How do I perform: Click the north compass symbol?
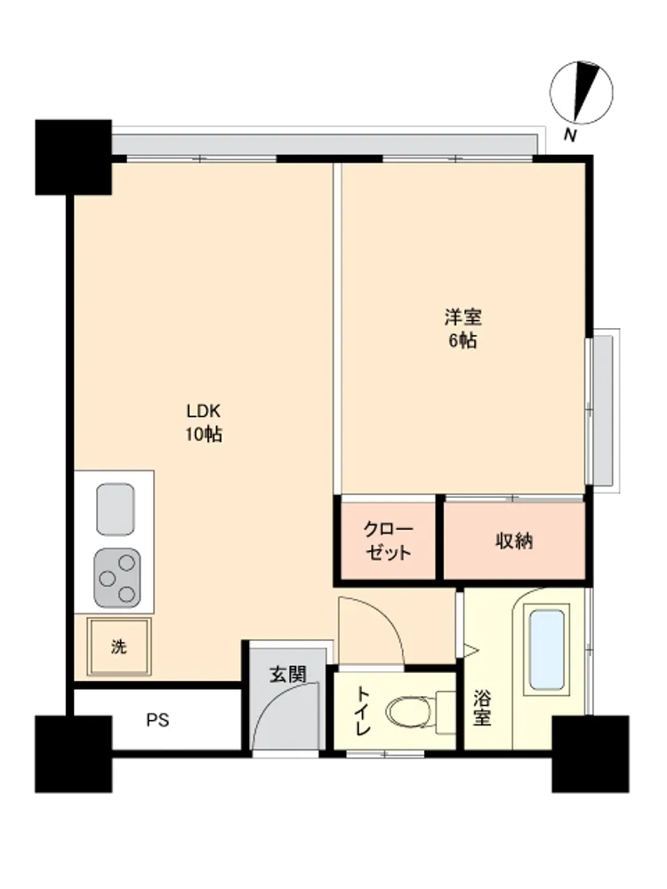pyautogui.click(x=581, y=92)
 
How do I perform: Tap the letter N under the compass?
pyautogui.click(x=571, y=135)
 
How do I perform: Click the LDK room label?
pyautogui.click(x=203, y=411)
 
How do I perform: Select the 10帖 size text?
pyautogui.click(x=203, y=435)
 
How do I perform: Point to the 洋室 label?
pyautogui.click(x=462, y=317)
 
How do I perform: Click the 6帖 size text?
pyautogui.click(x=462, y=340)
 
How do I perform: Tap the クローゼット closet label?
pyautogui.click(x=388, y=541)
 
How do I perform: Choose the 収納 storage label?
pyautogui.click(x=514, y=541)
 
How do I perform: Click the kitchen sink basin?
pyautogui.click(x=115, y=509)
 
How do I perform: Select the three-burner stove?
pyautogui.click(x=117, y=578)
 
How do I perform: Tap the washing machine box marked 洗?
pyautogui.click(x=119, y=646)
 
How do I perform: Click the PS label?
pyautogui.click(x=157, y=720)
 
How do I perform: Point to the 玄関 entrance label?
pyautogui.click(x=287, y=674)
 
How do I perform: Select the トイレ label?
pyautogui.click(x=363, y=711)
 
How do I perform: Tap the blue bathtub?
pyautogui.click(x=547, y=649)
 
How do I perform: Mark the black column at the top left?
pyautogui.click(x=73, y=157)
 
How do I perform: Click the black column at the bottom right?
pyautogui.click(x=591, y=754)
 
